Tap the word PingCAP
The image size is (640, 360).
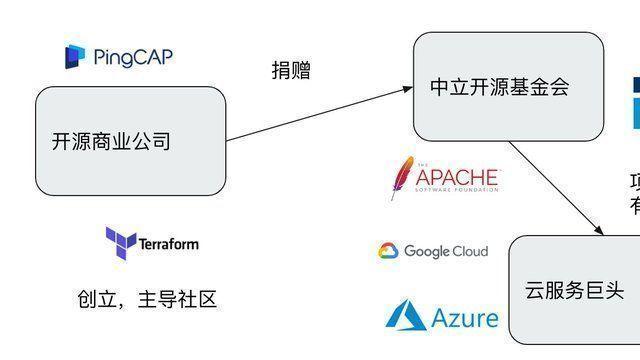[133, 56]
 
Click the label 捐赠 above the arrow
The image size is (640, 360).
[291, 70]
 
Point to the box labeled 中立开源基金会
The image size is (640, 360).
[508, 87]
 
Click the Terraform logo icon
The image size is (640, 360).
[120, 242]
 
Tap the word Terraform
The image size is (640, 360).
[168, 243]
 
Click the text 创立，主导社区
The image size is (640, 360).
[146, 299]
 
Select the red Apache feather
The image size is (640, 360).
[402, 178]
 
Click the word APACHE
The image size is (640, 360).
[457, 178]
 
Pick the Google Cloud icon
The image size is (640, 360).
[389, 251]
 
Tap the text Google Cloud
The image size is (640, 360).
[446, 251]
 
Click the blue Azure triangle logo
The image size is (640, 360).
[406, 316]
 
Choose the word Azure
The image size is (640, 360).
[465, 318]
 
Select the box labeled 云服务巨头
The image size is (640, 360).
[574, 291]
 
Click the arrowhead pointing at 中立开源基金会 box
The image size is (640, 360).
[408, 88]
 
